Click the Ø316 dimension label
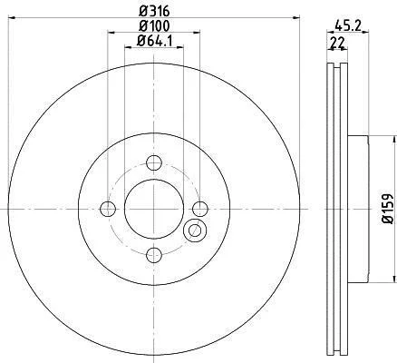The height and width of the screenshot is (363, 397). [x=154, y=11]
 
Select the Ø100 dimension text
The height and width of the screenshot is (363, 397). [x=154, y=26]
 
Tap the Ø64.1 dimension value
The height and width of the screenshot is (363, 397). [x=154, y=41]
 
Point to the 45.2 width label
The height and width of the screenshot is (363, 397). [x=348, y=25]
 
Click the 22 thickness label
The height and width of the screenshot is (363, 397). [x=337, y=44]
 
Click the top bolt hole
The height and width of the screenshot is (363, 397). [x=154, y=162]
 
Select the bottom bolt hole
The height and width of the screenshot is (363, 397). [x=154, y=255]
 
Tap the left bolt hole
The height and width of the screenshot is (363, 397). [x=108, y=209]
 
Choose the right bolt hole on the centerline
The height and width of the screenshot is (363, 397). [x=200, y=209]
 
